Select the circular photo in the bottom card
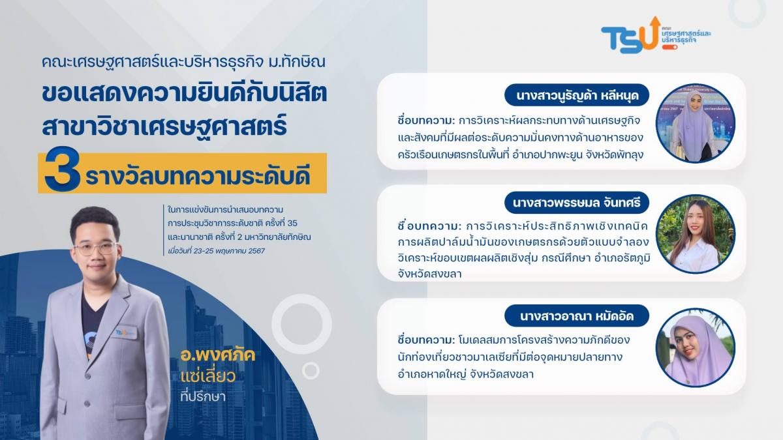pos(695,347)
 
